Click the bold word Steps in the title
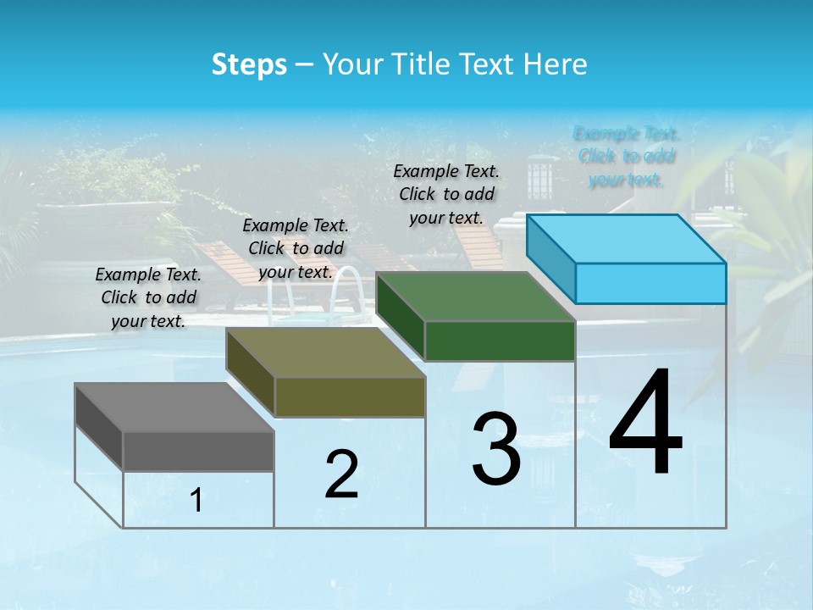pyautogui.click(x=249, y=64)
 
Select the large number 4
pyautogui.click(x=645, y=424)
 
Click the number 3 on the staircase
pyautogui.click(x=495, y=449)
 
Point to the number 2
pyautogui.click(x=341, y=474)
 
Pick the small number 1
pyautogui.click(x=196, y=501)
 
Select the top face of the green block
pyautogui.click(x=475, y=297)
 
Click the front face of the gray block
pyautogui.click(x=198, y=452)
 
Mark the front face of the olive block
pyautogui.click(x=350, y=396)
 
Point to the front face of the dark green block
pyautogui.click(x=500, y=341)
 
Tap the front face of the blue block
pyautogui.click(x=650, y=283)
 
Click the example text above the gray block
pyautogui.click(x=148, y=297)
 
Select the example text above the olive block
pyautogui.click(x=296, y=248)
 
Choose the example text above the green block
pyautogui.click(x=446, y=194)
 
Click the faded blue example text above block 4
pyautogui.click(x=626, y=156)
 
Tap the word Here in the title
pyautogui.click(x=556, y=64)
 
